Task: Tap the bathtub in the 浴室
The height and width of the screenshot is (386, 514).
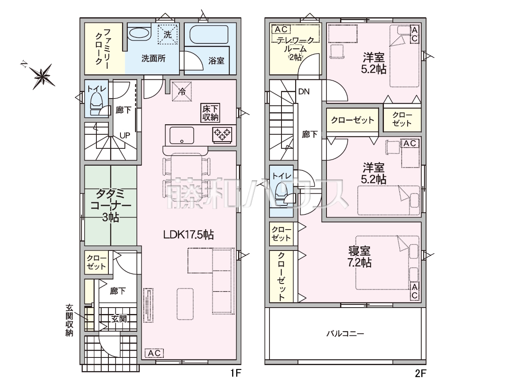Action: pos(209,34)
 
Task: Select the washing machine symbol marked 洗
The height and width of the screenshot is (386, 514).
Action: pos(167,35)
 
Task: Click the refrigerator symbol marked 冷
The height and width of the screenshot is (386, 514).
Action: pos(182,91)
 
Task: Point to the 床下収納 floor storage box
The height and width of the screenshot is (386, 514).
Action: pos(210,113)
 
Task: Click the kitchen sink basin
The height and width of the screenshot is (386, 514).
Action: pos(182,135)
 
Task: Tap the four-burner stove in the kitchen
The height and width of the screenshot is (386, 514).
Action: pos(222,135)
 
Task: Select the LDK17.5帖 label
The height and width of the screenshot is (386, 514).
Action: pos(188,234)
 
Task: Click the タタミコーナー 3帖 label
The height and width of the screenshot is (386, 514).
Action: pos(110,205)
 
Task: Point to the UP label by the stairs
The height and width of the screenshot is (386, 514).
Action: pos(125,136)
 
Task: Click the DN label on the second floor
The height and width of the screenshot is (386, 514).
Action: pos(304,92)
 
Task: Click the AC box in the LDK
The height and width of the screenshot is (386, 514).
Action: pos(154,353)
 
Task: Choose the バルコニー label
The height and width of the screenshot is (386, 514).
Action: pos(345,333)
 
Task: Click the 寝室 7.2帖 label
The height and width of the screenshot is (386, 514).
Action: pos(359,257)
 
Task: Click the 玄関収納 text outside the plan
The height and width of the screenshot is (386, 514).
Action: pos(69,320)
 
